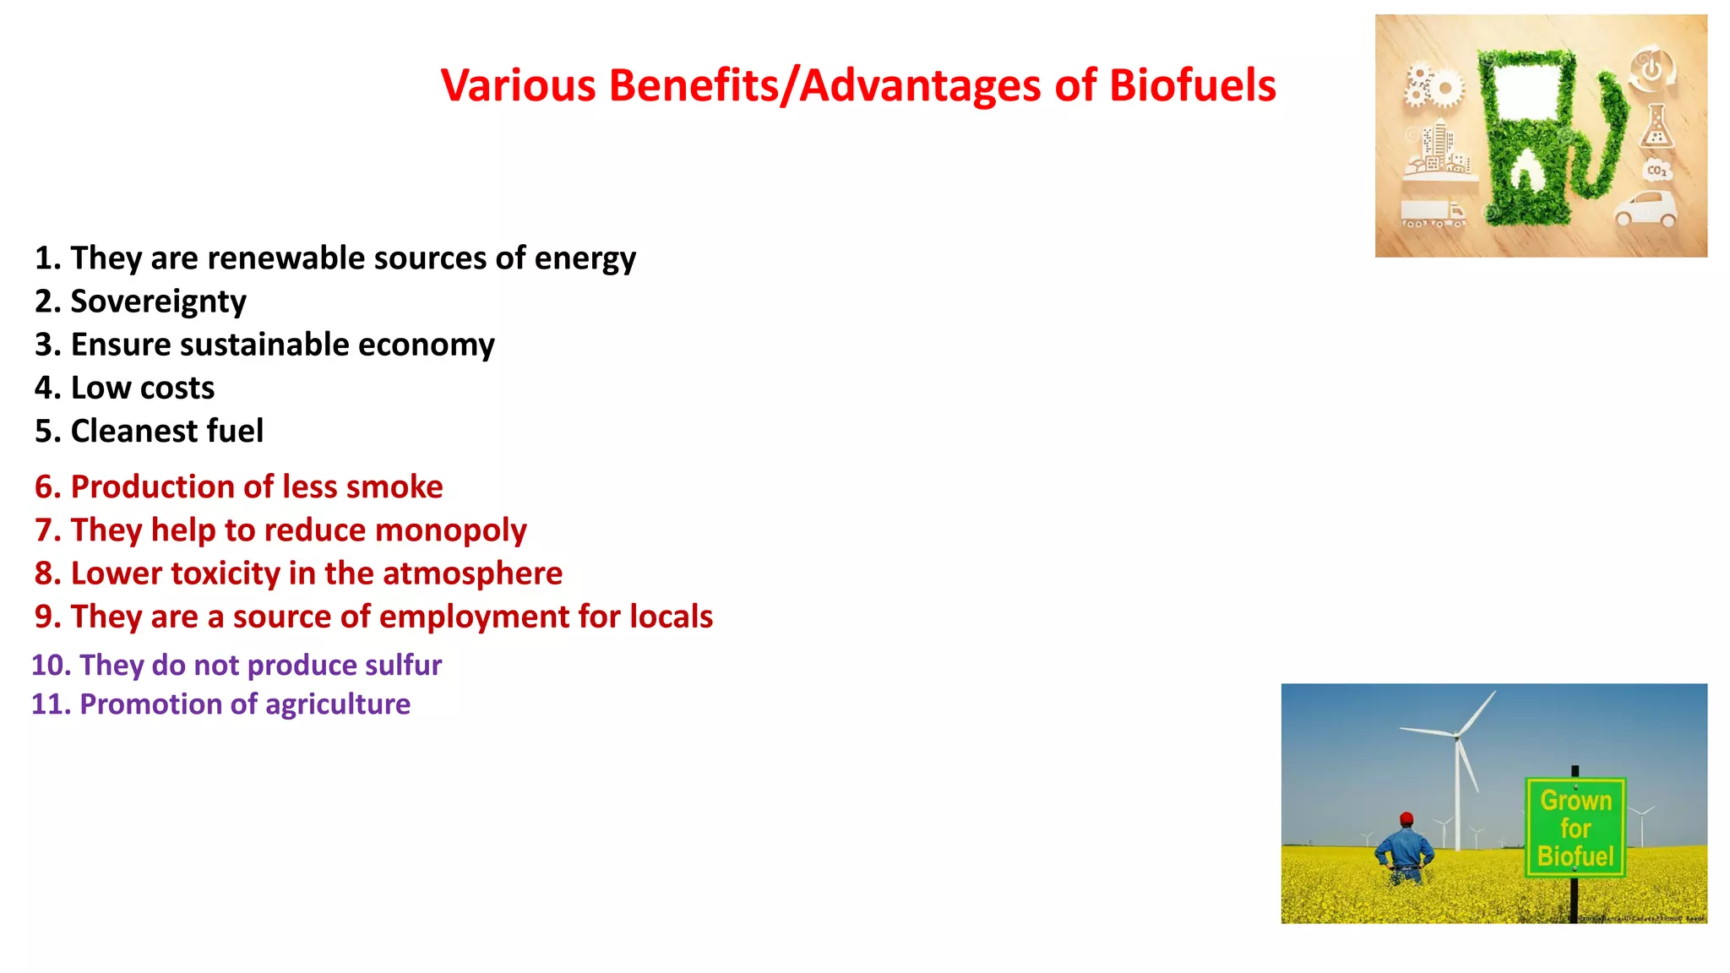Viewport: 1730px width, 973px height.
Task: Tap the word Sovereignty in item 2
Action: coord(158,302)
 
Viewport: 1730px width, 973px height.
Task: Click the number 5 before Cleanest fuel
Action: coord(43,431)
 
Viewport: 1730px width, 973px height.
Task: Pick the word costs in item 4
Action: coord(177,388)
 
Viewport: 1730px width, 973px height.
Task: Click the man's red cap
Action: coord(1406,818)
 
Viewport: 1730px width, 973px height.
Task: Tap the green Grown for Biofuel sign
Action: coord(1575,828)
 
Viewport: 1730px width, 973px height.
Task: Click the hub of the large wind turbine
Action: coord(1457,736)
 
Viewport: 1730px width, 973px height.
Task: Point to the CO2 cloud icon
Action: coord(1657,171)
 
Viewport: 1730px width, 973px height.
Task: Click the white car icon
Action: coord(1646,209)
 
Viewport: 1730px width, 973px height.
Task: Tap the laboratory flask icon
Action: coord(1656,128)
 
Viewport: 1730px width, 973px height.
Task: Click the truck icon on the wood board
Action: coord(1433,213)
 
